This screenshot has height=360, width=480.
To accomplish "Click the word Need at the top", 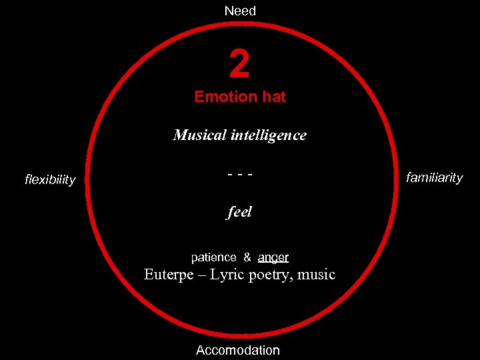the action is point(240,11).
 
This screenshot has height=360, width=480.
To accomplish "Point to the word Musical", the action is point(199,135).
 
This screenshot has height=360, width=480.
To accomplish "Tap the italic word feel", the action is point(240,213).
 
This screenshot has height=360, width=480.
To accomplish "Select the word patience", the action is point(213,257).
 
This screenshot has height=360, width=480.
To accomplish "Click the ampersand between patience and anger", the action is point(247,257).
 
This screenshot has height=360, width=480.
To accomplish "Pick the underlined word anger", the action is point(273,257).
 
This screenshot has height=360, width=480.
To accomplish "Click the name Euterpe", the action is point(170,275).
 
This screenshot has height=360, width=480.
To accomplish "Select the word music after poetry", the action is point(317,275).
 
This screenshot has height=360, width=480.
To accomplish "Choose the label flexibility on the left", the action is point(50,180).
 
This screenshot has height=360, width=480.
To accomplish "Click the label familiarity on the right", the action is point(435,178).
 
